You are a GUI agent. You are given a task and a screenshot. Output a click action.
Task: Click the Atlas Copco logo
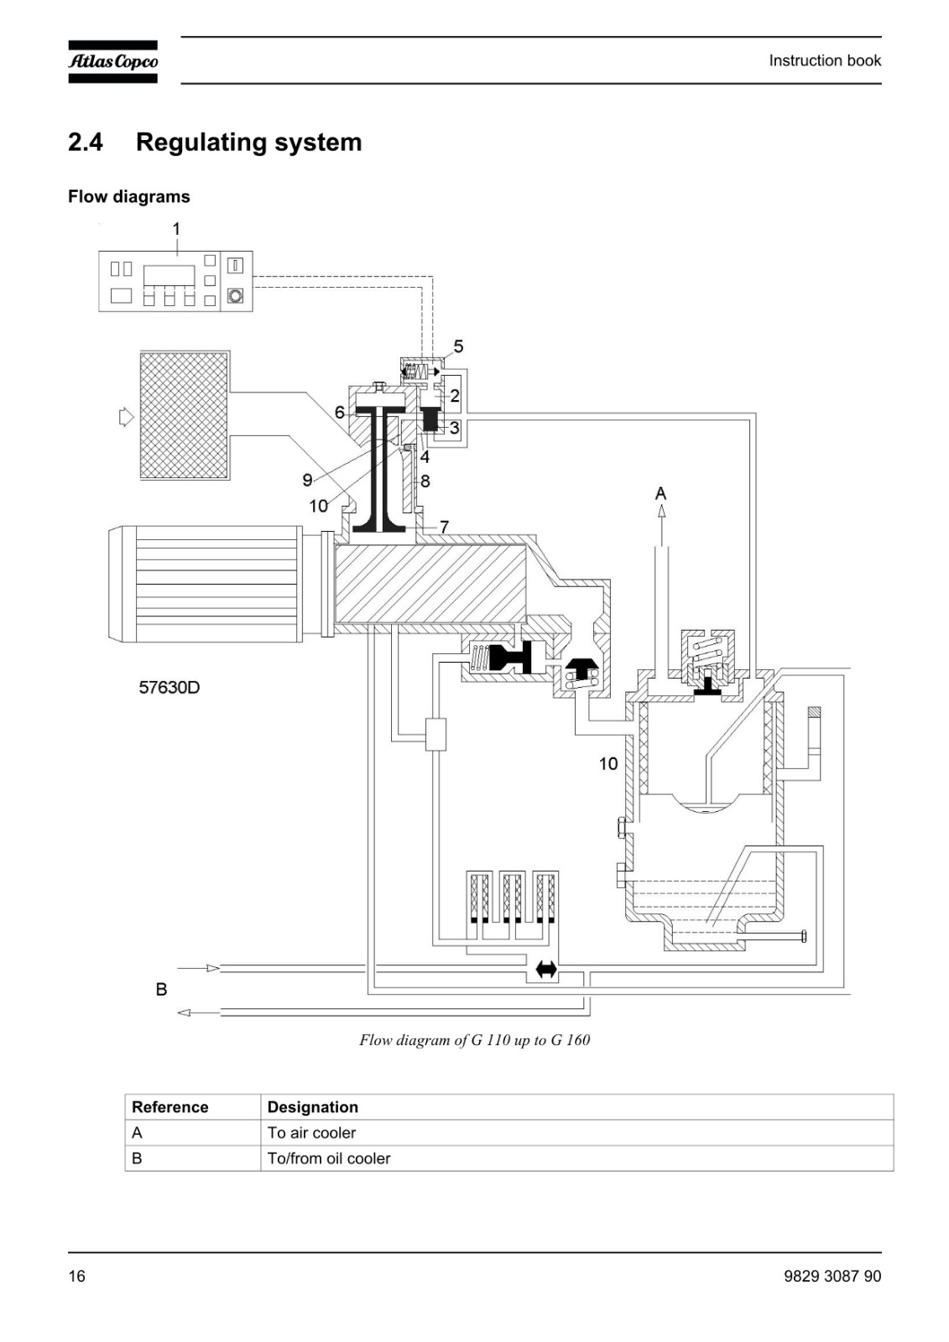(112, 61)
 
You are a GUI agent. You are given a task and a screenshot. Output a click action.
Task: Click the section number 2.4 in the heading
(85, 143)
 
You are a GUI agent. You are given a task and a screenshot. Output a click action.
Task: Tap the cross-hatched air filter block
(184, 415)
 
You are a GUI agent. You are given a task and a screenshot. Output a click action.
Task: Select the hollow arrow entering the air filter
(126, 416)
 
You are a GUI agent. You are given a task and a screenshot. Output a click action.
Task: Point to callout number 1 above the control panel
(176, 229)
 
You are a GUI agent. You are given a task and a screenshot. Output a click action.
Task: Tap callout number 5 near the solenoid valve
(459, 346)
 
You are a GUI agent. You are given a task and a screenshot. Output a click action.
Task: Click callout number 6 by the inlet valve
(340, 412)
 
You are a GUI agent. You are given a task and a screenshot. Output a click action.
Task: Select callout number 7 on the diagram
(444, 527)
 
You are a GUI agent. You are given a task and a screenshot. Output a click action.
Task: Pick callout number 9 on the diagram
(308, 480)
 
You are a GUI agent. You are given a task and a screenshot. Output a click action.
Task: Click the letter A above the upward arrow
(660, 493)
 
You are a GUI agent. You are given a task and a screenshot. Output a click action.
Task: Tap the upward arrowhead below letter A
(661, 511)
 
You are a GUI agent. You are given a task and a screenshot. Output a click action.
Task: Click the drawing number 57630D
(169, 687)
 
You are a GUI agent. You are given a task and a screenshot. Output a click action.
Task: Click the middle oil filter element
(514, 897)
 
